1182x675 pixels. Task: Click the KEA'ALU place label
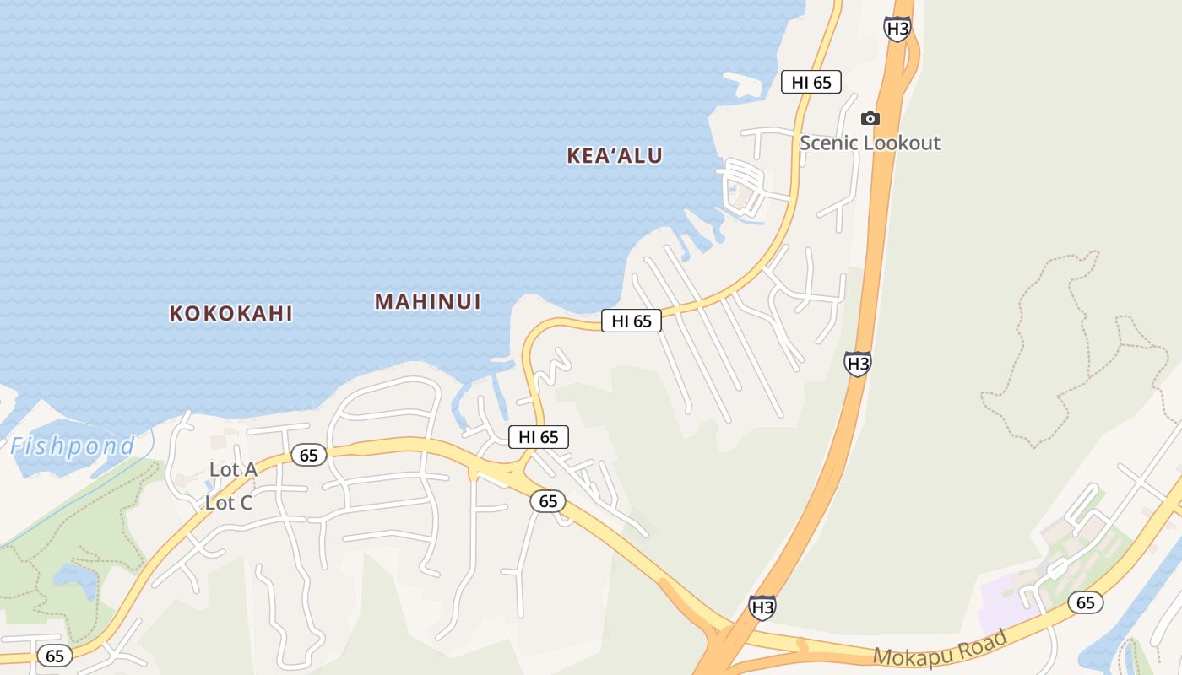click(615, 155)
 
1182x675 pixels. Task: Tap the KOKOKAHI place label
click(230, 313)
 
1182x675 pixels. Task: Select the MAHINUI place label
click(427, 301)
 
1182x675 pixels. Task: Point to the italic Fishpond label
click(73, 445)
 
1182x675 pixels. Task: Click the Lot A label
click(233, 470)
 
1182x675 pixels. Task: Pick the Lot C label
click(229, 503)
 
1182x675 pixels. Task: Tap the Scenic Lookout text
click(870, 143)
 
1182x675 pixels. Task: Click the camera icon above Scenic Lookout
click(870, 118)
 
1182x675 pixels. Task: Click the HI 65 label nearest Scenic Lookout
click(811, 82)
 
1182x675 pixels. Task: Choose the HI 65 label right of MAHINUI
click(631, 321)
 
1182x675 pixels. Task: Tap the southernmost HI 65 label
click(538, 437)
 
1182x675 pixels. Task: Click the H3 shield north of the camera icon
click(897, 29)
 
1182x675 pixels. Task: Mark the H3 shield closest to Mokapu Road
click(762, 607)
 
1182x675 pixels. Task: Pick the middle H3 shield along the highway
click(857, 364)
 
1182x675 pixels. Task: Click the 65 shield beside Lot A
click(309, 456)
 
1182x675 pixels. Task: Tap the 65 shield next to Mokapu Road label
click(1085, 602)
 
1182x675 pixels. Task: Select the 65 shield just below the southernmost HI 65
click(548, 501)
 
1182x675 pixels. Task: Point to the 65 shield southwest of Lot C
click(55, 656)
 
